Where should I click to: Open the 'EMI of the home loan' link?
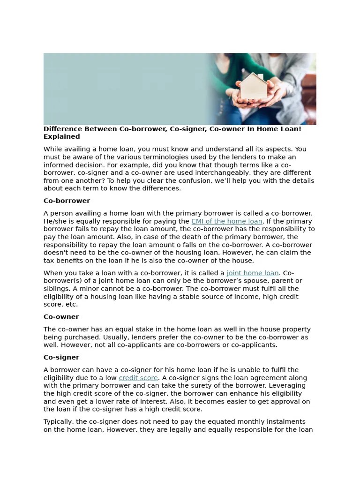[x=227, y=221]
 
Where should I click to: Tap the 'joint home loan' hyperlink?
[x=252, y=273]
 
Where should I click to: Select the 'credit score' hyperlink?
[x=138, y=378]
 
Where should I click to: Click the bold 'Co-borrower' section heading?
[x=67, y=201]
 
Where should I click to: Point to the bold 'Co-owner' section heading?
[x=61, y=317]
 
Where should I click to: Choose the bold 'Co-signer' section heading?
[x=61, y=358]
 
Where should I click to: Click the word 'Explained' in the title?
[x=62, y=137]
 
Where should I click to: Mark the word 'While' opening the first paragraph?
[x=53, y=149]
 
